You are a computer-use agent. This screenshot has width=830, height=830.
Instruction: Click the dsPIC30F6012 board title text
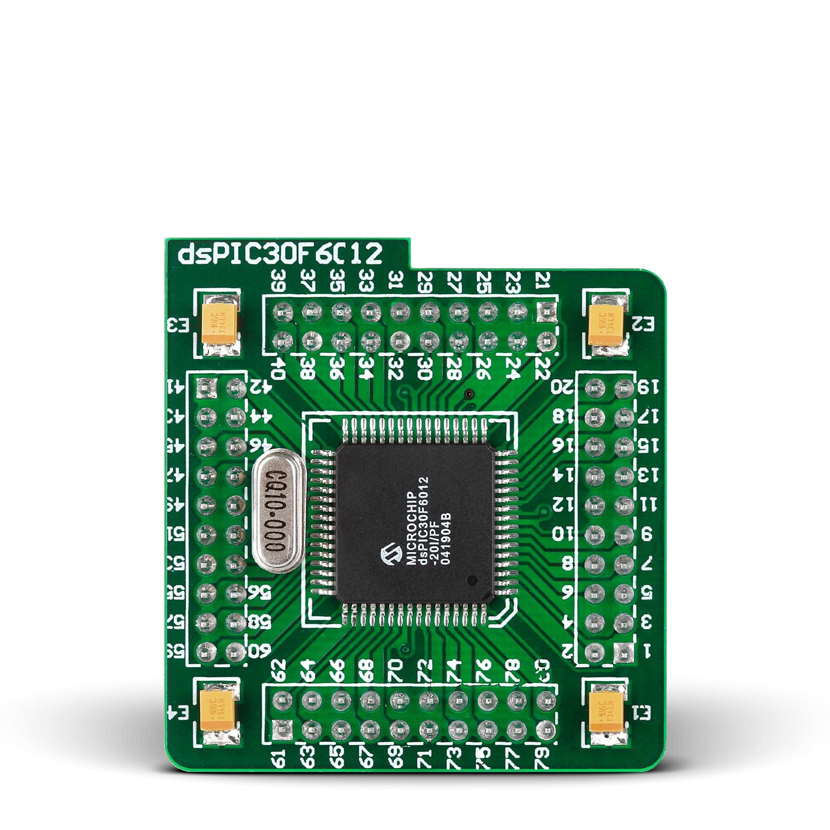[x=280, y=255]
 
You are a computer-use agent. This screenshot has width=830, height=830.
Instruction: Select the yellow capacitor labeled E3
[x=220, y=326]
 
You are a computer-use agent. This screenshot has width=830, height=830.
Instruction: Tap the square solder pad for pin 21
[x=545, y=311]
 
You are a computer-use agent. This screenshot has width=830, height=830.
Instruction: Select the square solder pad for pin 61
[x=281, y=729]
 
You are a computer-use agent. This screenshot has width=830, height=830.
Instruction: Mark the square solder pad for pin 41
[x=206, y=386]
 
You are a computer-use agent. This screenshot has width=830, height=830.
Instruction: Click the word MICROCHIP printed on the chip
[x=410, y=527]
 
